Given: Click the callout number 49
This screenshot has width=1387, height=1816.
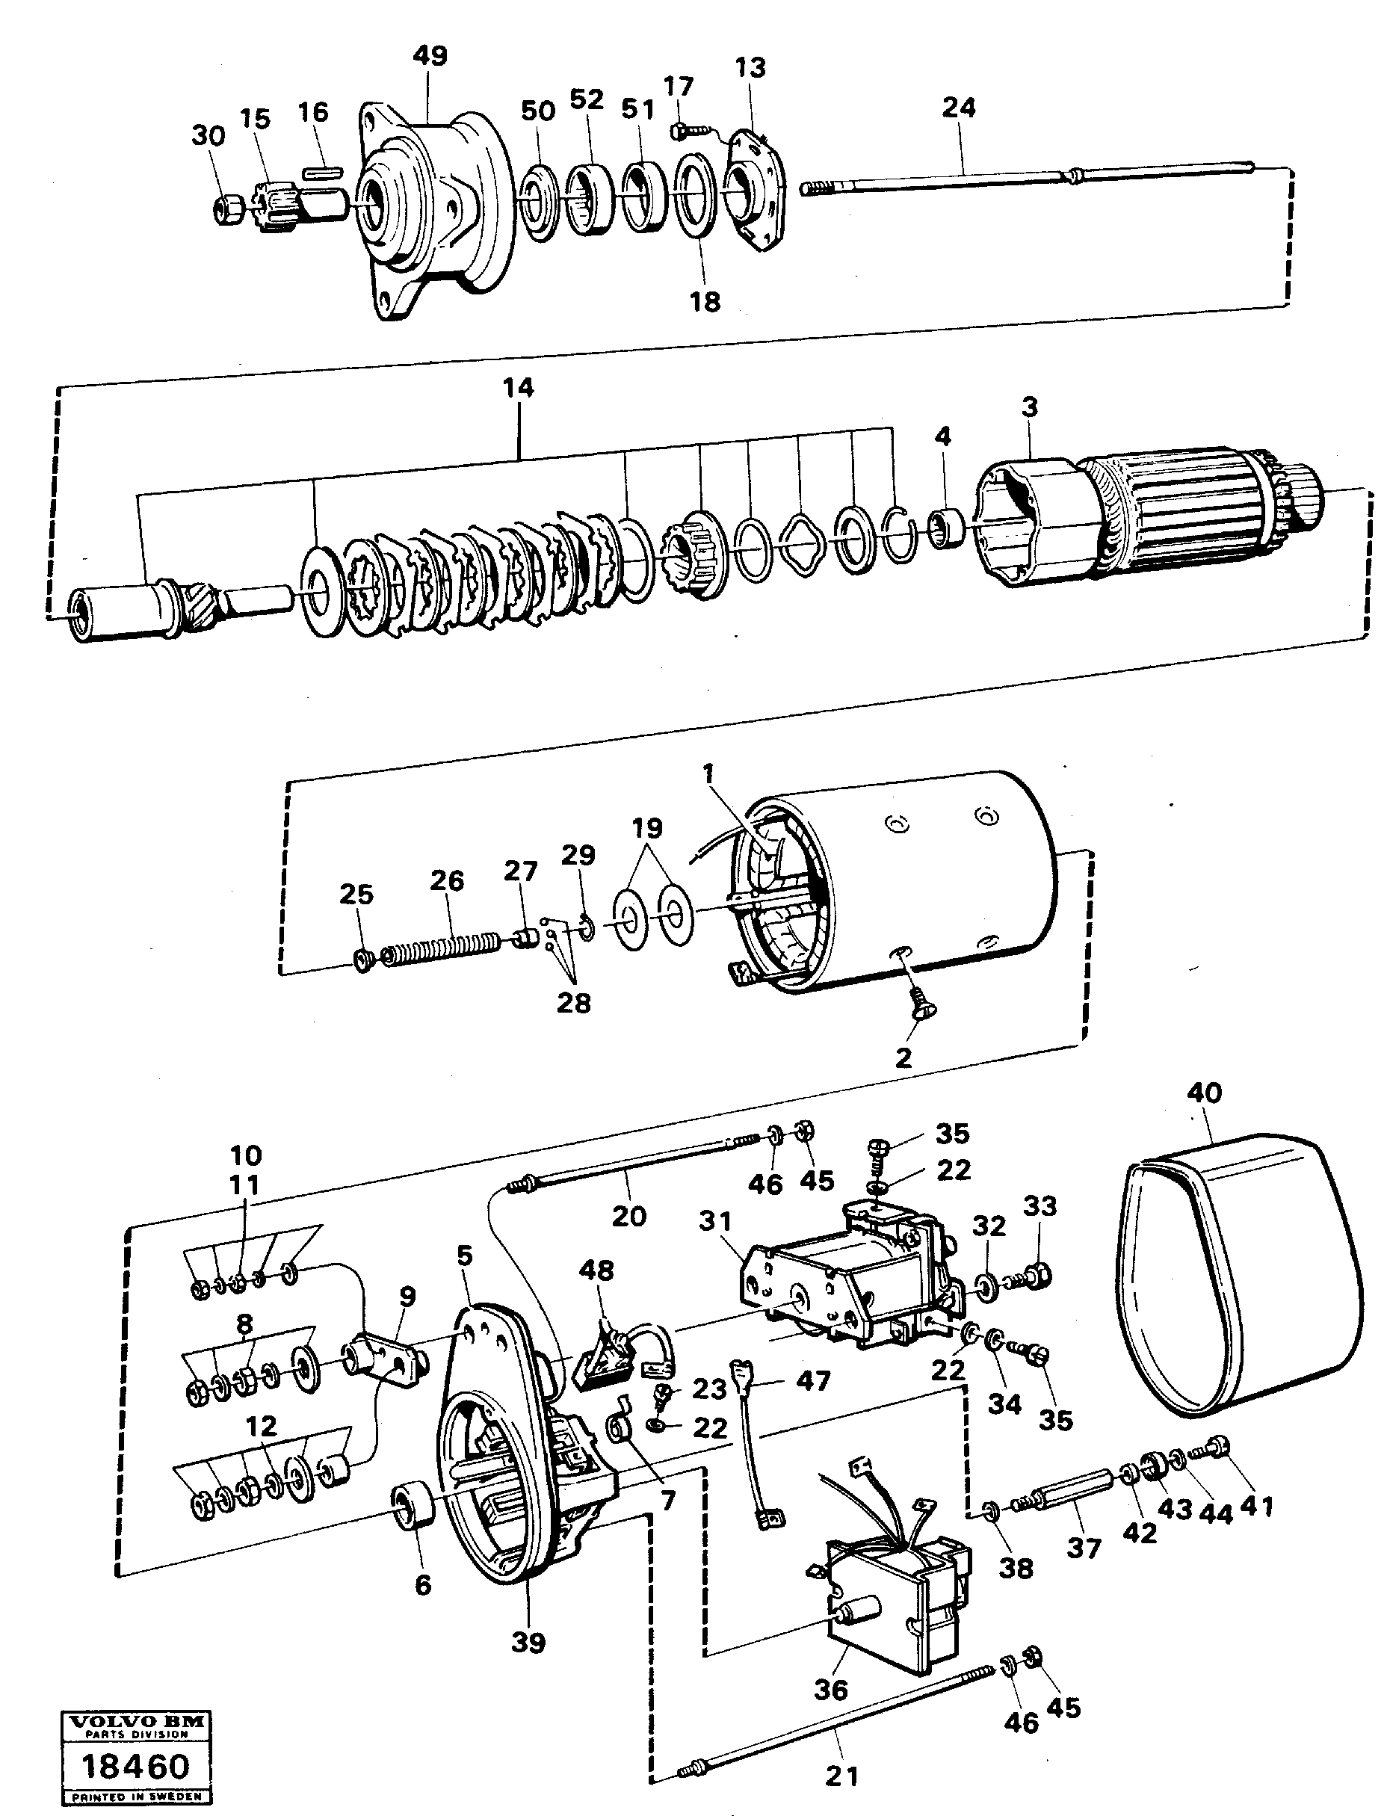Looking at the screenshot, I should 430,56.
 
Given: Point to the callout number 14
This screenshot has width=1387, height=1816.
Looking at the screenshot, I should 519,387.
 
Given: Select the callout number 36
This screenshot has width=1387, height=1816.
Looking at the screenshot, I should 830,1689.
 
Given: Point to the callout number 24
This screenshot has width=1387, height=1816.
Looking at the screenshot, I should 959,108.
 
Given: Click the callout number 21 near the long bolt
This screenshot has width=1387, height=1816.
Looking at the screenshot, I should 842,1775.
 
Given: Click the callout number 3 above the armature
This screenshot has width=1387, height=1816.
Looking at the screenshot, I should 1029,407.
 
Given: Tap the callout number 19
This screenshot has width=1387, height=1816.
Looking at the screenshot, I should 647,828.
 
